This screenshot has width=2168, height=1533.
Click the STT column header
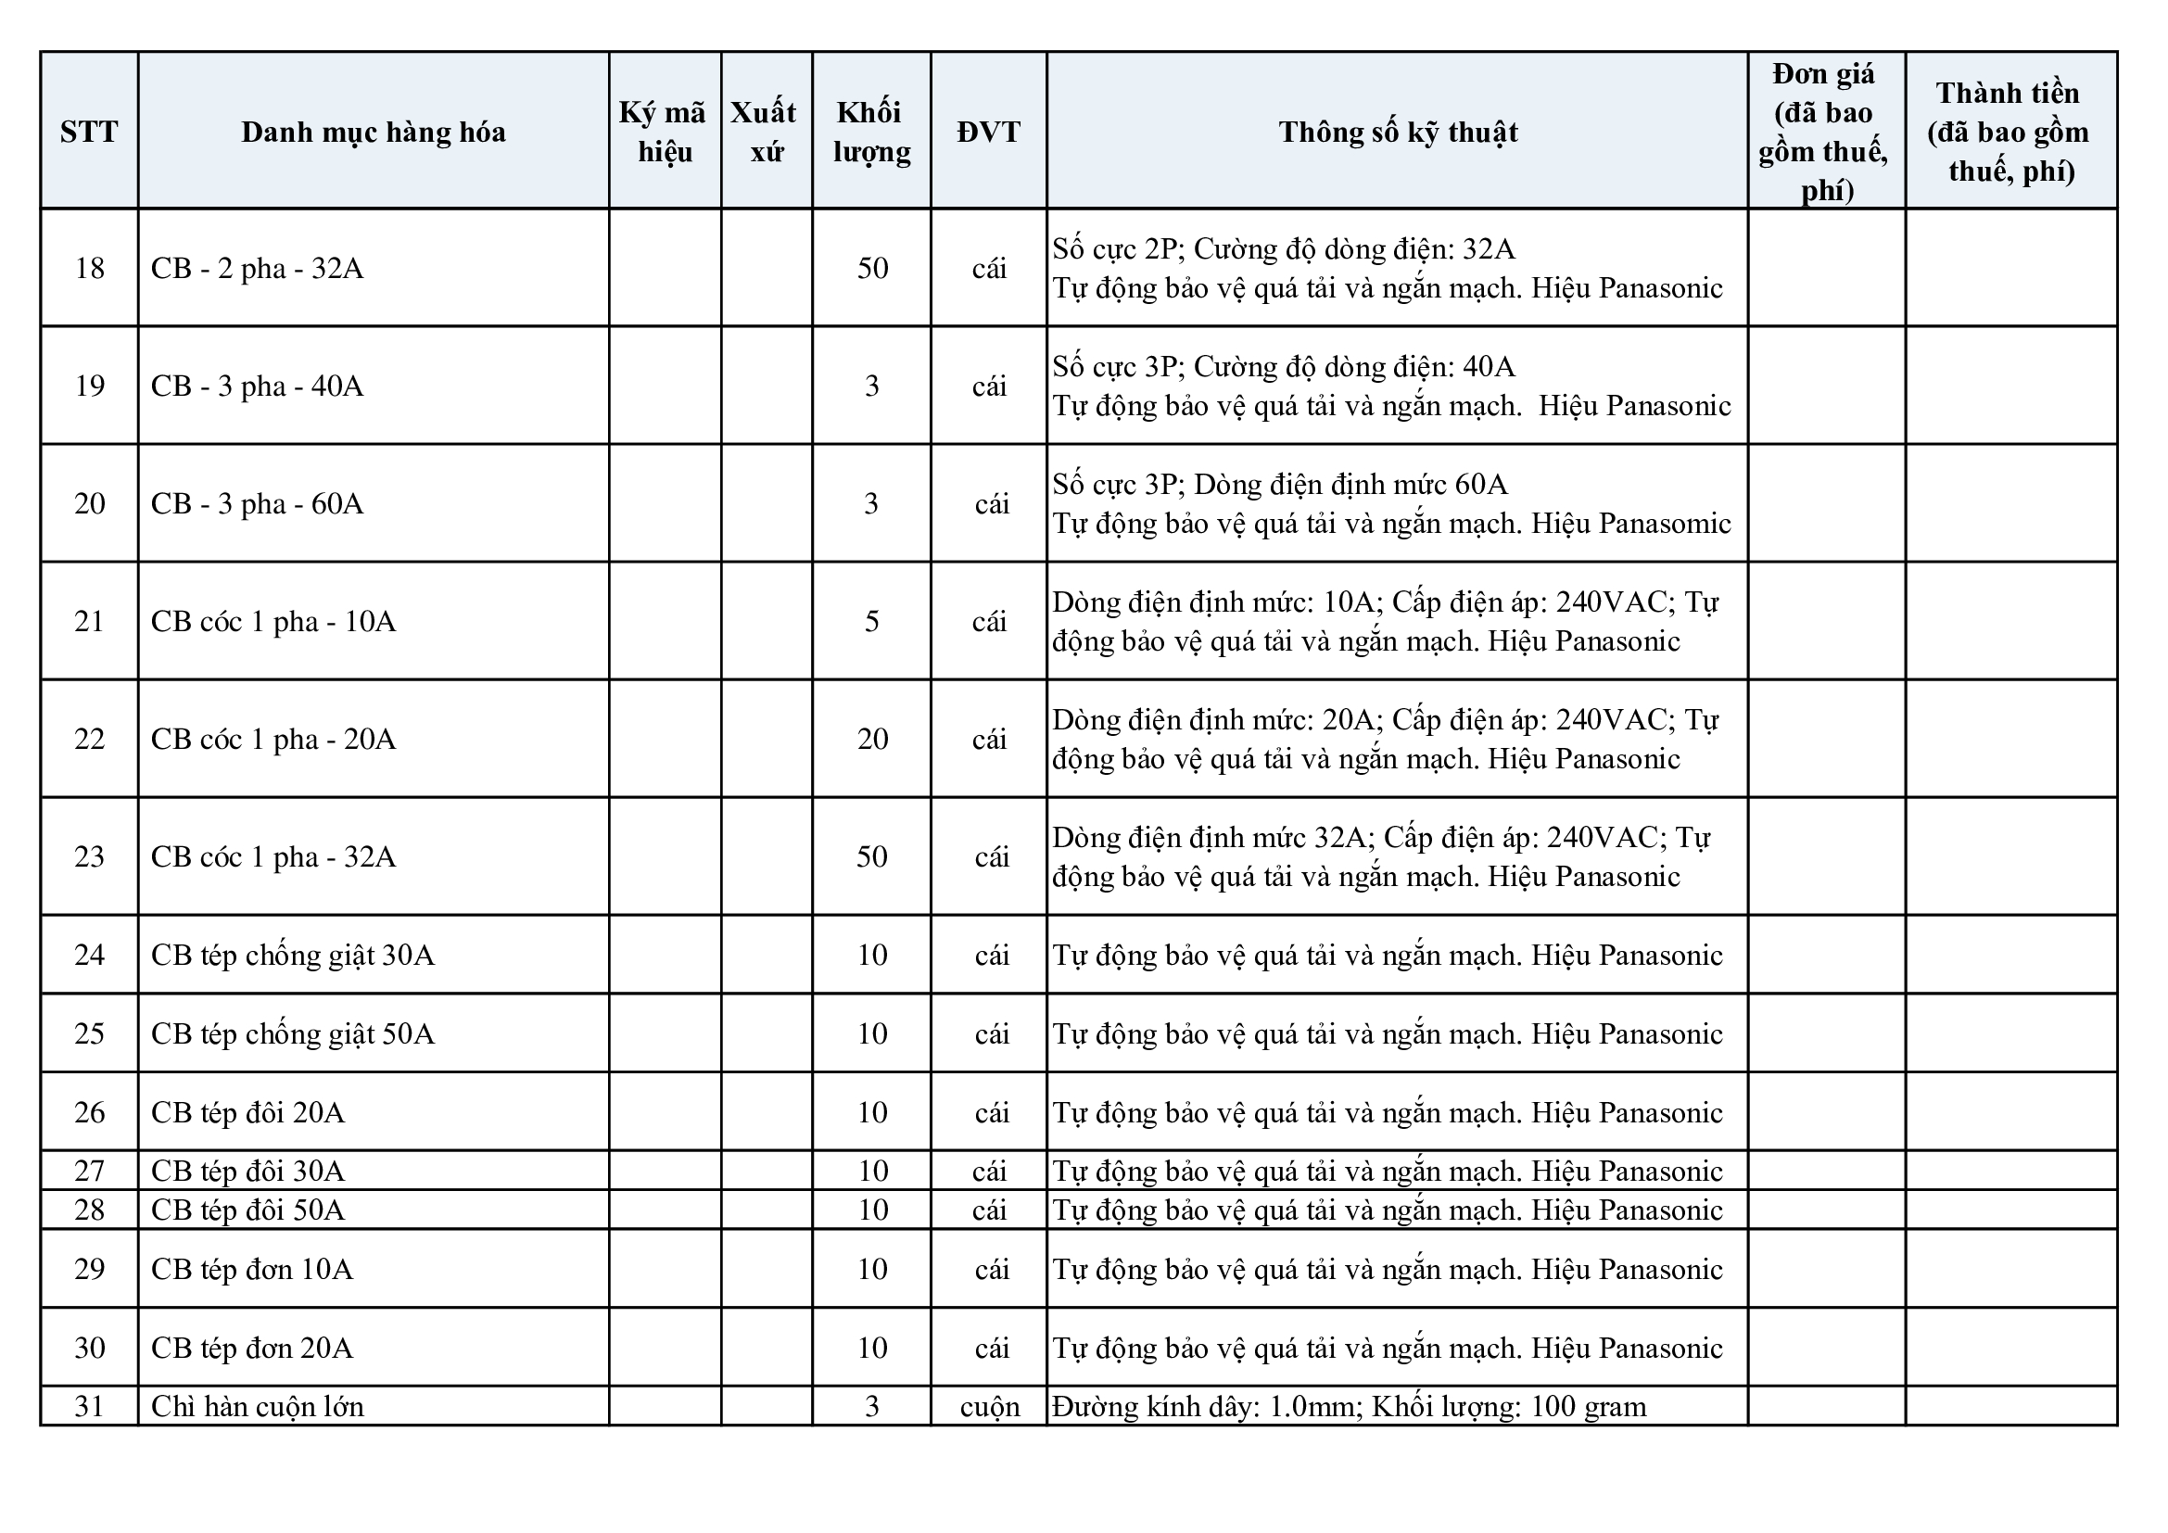coord(89,132)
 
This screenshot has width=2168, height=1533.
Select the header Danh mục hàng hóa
coord(373,132)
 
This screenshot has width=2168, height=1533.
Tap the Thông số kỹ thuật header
coord(1398,132)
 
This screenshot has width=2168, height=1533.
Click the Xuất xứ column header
coord(765,132)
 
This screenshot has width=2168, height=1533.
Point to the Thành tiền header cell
coord(2010,132)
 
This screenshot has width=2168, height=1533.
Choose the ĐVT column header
coord(989,132)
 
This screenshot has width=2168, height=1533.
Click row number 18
coord(89,268)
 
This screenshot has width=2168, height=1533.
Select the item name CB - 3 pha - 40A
coord(257,386)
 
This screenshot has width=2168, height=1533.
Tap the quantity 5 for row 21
coord(871,621)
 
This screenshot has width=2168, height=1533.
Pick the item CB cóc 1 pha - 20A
coord(273,739)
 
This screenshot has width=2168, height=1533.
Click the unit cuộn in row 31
coord(990,1407)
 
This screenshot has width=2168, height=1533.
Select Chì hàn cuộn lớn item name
coord(257,1407)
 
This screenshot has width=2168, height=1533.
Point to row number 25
coord(89,1033)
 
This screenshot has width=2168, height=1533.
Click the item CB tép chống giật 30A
coord(293,956)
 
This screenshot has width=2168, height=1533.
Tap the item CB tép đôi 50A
coord(247,1210)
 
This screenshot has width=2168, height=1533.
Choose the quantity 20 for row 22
coord(871,739)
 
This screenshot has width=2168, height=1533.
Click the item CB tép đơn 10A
coord(252,1270)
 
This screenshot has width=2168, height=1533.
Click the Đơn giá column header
coord(1824,132)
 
